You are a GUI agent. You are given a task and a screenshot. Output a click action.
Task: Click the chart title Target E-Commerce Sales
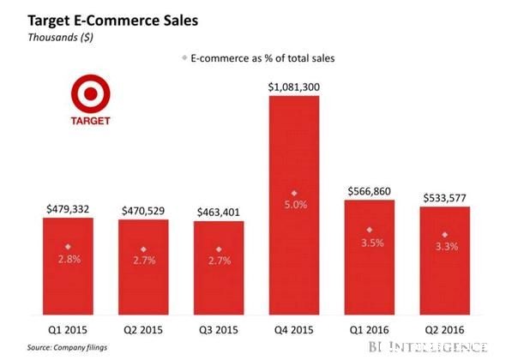(113, 21)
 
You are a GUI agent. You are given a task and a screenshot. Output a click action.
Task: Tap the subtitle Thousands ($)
(60, 38)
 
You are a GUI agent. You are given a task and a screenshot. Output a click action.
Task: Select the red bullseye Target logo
(91, 99)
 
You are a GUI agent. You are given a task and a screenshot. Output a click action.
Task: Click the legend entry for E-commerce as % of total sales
(258, 58)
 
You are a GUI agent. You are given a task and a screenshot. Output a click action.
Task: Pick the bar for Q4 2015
(294, 206)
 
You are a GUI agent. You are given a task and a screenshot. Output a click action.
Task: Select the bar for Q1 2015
(68, 267)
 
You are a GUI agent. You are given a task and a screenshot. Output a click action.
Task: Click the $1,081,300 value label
(294, 87)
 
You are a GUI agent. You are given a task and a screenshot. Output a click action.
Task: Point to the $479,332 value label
(68, 209)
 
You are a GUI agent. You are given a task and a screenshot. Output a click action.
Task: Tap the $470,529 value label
(143, 211)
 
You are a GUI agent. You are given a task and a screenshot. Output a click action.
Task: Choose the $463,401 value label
(219, 213)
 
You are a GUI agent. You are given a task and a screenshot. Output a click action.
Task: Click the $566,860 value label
(370, 191)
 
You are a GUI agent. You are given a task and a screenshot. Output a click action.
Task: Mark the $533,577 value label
(445, 198)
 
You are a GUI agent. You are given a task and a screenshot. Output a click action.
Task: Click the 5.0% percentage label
(296, 205)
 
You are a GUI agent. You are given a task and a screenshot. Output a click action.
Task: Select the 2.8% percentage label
(69, 260)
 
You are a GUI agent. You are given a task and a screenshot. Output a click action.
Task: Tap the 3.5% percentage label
(372, 243)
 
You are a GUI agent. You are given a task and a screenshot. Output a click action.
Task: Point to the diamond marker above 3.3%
(445, 235)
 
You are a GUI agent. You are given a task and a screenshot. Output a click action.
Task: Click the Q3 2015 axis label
(219, 330)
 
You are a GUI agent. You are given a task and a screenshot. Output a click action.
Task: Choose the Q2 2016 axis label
(444, 330)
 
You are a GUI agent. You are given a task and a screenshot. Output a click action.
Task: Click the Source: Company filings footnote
(67, 348)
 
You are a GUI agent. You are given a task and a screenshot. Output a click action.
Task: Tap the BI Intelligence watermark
(428, 347)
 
